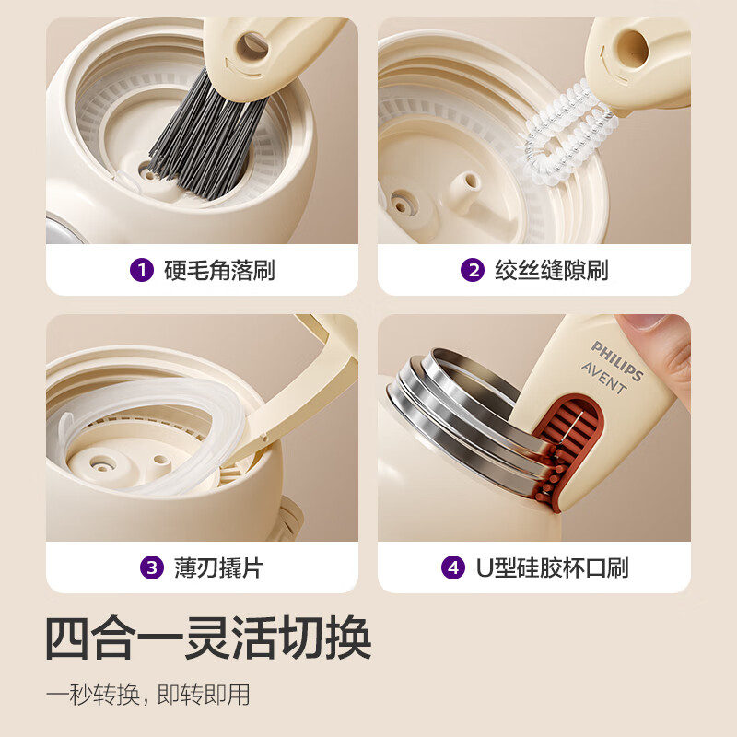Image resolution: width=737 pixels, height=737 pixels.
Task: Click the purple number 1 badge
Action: click(141, 270)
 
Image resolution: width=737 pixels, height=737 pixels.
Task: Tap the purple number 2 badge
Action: click(473, 270)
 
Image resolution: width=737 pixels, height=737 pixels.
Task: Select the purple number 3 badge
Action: click(151, 567)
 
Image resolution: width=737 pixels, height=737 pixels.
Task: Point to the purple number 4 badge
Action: click(452, 567)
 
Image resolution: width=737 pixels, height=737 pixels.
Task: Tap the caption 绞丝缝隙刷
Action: click(550, 270)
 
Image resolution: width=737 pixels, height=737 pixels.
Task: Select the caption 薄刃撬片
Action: click(218, 567)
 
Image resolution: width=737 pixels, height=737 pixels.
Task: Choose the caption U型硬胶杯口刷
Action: click(552, 567)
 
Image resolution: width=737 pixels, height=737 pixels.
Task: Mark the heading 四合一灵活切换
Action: click(208, 637)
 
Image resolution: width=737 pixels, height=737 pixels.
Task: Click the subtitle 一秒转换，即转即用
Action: click(148, 694)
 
